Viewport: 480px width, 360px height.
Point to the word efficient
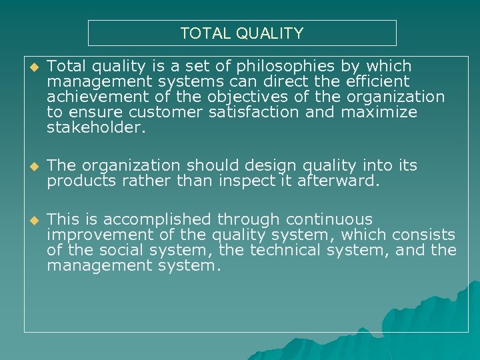(x=378, y=82)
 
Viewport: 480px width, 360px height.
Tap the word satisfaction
(x=253, y=113)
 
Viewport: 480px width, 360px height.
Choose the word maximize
(x=379, y=113)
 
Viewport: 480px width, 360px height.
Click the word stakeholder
(x=95, y=128)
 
